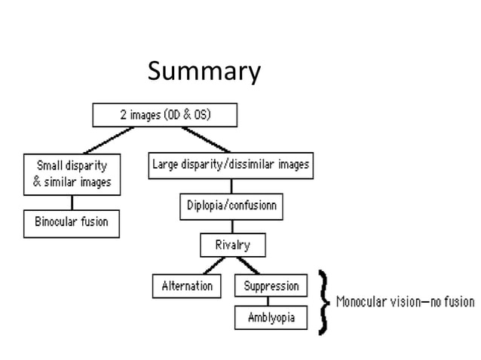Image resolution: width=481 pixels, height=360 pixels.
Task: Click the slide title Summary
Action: (204, 72)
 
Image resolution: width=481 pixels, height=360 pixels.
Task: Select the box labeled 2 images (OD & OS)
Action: (164, 115)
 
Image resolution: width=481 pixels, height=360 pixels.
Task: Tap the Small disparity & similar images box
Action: (72, 174)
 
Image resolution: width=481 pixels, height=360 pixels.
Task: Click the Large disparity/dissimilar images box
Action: (230, 163)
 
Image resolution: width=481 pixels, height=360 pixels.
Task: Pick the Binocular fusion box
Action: (72, 222)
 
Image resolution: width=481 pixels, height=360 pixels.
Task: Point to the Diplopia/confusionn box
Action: (230, 206)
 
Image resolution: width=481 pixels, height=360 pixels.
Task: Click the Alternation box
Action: (187, 286)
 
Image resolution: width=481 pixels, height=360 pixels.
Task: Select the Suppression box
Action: (271, 285)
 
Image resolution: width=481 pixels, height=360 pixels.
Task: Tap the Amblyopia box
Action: (271, 318)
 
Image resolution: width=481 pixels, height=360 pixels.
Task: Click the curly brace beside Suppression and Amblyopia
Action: (324, 302)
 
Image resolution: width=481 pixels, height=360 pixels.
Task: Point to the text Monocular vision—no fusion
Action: (405, 302)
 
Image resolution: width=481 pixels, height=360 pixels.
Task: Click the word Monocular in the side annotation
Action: (360, 302)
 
